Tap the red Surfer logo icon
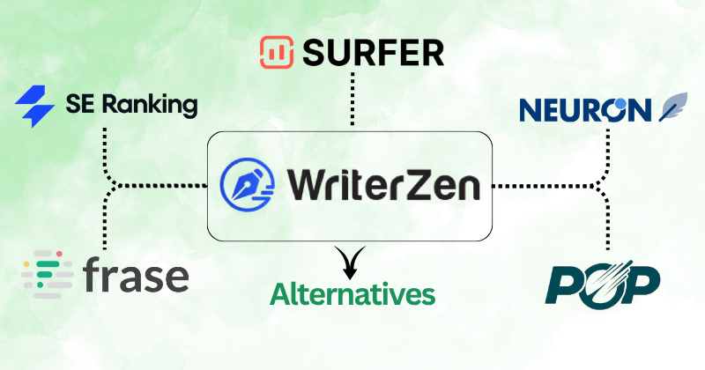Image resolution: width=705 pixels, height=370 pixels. coord(278,53)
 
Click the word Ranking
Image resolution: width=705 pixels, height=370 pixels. coord(147,107)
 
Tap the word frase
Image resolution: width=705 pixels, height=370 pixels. coord(137,276)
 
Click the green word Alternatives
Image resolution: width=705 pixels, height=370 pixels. coord(353,293)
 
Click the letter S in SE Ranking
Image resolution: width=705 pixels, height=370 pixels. coord(75,107)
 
